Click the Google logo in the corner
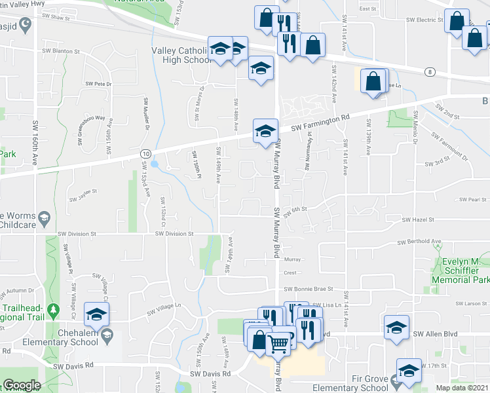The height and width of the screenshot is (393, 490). point(21,386)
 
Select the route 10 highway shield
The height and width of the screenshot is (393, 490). point(143,153)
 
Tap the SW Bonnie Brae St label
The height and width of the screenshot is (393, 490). point(309,288)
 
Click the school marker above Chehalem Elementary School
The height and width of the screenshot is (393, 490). point(96,315)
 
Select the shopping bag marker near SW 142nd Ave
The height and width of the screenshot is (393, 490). point(373,82)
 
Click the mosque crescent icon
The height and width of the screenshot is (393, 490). point(26,25)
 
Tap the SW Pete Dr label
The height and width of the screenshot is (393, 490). point(99,84)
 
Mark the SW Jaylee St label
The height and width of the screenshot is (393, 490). point(83,192)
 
